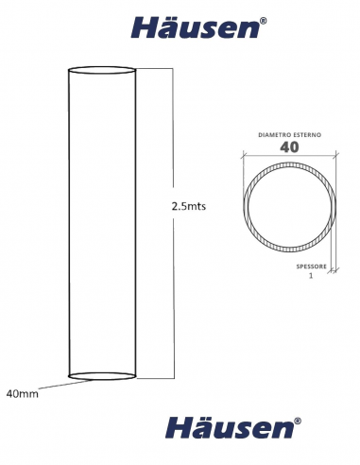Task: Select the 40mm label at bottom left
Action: tap(23, 391)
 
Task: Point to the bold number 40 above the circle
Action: tap(289, 147)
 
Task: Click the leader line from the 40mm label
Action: tap(57, 384)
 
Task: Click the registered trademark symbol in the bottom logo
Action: tap(298, 419)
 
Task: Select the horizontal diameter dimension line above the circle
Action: tap(289, 157)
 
